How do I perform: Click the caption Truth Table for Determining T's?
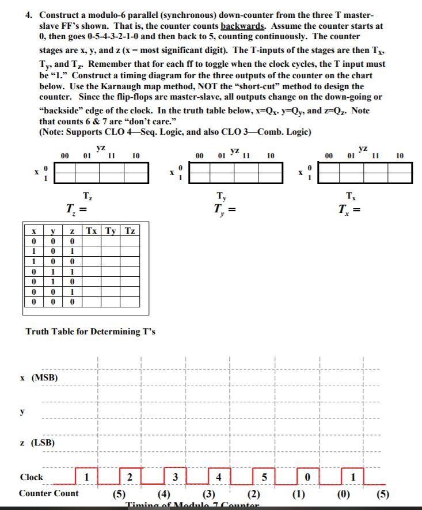(x=90, y=332)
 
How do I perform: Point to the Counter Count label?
(x=49, y=494)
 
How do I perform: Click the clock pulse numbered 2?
(x=130, y=477)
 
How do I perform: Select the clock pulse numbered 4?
(x=218, y=477)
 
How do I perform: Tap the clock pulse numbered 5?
(x=264, y=477)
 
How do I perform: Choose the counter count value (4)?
(x=163, y=494)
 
